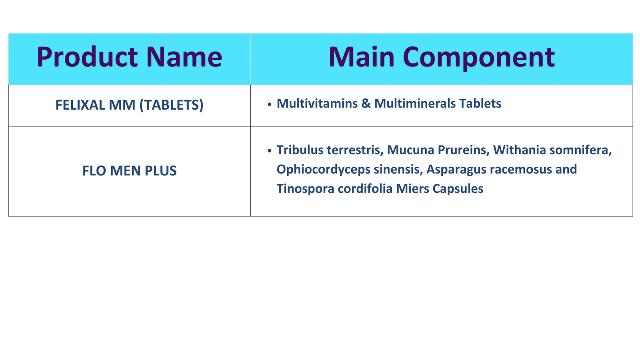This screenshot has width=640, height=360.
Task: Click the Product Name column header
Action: (130, 57)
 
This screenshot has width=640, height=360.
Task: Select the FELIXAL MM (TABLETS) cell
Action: (130, 105)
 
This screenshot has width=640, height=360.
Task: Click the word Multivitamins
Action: (317, 104)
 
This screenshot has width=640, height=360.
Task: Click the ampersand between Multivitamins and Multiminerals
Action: (366, 104)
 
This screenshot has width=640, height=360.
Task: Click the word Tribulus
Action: (300, 150)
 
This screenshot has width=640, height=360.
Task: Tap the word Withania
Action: (520, 150)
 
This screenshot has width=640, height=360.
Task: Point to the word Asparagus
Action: (456, 170)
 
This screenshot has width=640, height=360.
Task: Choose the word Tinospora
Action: (306, 189)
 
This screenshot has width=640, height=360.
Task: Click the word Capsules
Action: (458, 189)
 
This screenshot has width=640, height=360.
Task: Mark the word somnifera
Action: (580, 150)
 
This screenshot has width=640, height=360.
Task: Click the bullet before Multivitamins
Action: (269, 104)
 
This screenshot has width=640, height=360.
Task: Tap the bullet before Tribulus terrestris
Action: (269, 151)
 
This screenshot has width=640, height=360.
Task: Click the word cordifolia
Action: (365, 189)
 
